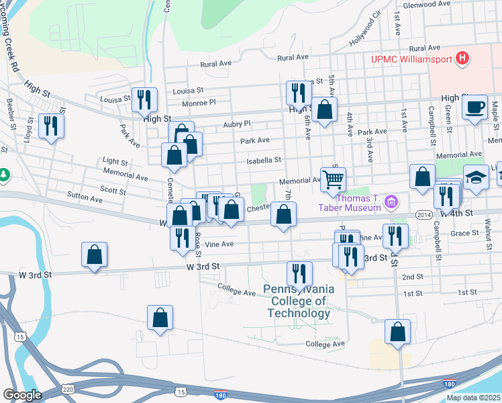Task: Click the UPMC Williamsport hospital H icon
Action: (462, 58)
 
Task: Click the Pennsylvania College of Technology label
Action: (299, 301)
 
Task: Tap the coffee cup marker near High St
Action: (475, 107)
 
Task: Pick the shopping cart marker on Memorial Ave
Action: (333, 179)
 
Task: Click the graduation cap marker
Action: (475, 177)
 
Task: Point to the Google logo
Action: (22, 395)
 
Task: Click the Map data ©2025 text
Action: (473, 398)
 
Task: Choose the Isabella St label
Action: (264, 161)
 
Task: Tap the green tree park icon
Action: (4, 175)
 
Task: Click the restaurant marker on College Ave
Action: (299, 273)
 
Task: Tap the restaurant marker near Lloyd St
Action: (51, 126)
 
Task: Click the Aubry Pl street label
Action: (236, 124)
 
